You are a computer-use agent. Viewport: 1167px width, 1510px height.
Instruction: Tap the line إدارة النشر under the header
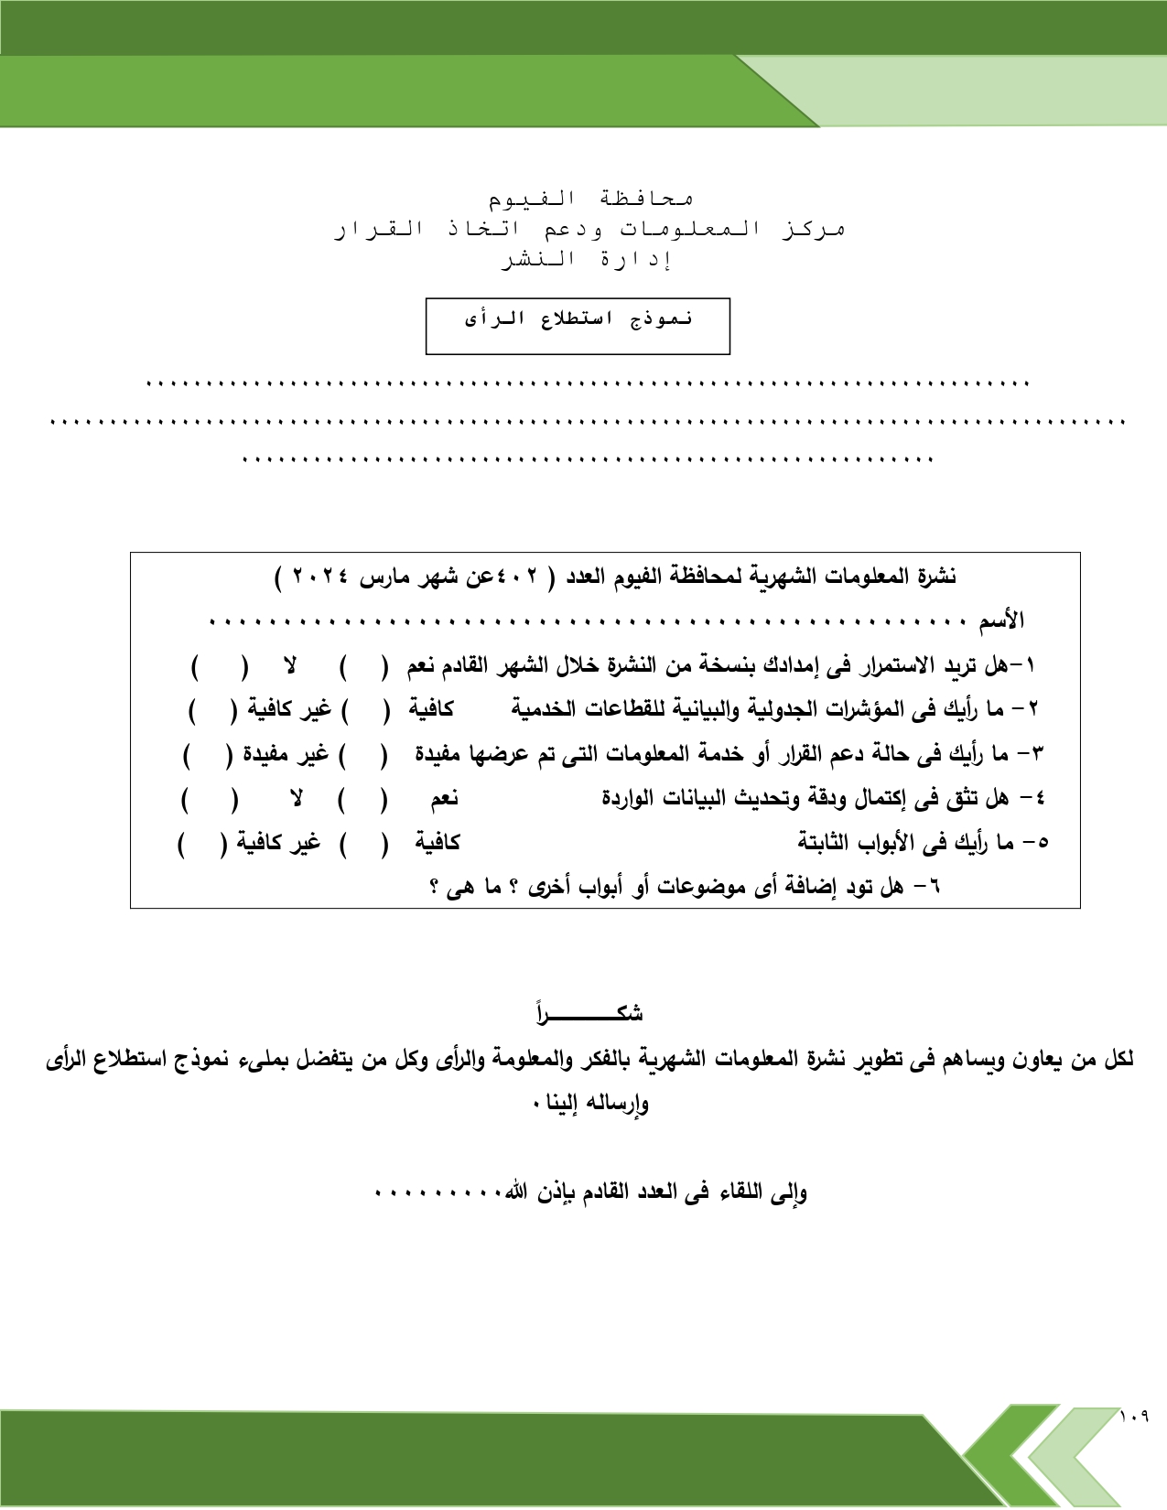click(586, 260)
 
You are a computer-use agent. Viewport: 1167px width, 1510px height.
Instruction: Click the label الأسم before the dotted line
click(1001, 622)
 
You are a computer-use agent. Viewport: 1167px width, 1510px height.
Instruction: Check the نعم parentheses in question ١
click(362, 666)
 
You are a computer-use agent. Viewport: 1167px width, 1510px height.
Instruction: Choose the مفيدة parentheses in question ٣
click(362, 755)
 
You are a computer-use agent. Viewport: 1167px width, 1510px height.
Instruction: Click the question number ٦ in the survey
click(934, 887)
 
